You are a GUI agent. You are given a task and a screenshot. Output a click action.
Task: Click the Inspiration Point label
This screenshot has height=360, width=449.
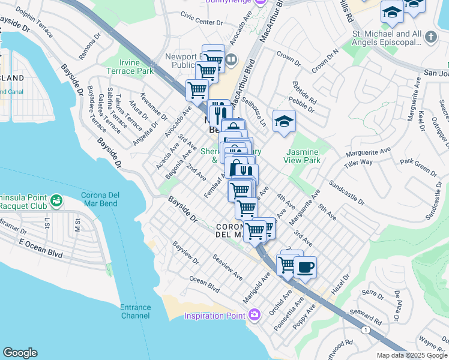tap(214, 316)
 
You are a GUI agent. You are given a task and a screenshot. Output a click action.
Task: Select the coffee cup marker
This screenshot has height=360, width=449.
tap(305, 267)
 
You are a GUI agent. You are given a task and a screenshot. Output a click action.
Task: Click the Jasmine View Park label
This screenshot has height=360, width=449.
tap(303, 156)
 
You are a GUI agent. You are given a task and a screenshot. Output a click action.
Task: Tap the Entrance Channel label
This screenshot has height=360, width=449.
tap(136, 311)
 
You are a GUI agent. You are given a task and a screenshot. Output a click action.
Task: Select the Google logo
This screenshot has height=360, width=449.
tap(20, 353)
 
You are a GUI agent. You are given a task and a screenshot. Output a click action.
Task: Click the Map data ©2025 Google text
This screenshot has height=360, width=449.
tap(412, 355)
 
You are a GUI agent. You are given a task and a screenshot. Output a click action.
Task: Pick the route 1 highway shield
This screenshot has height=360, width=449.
tap(365, 329)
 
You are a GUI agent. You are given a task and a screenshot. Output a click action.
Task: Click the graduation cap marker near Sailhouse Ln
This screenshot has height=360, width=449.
tap(284, 121)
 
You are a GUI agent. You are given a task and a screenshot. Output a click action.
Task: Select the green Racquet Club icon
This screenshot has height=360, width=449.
tap(56, 200)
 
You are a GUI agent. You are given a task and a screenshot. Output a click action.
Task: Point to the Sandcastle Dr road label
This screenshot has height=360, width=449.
tap(346, 191)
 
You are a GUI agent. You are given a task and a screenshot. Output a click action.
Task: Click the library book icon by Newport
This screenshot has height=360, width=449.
tap(232, 59)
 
